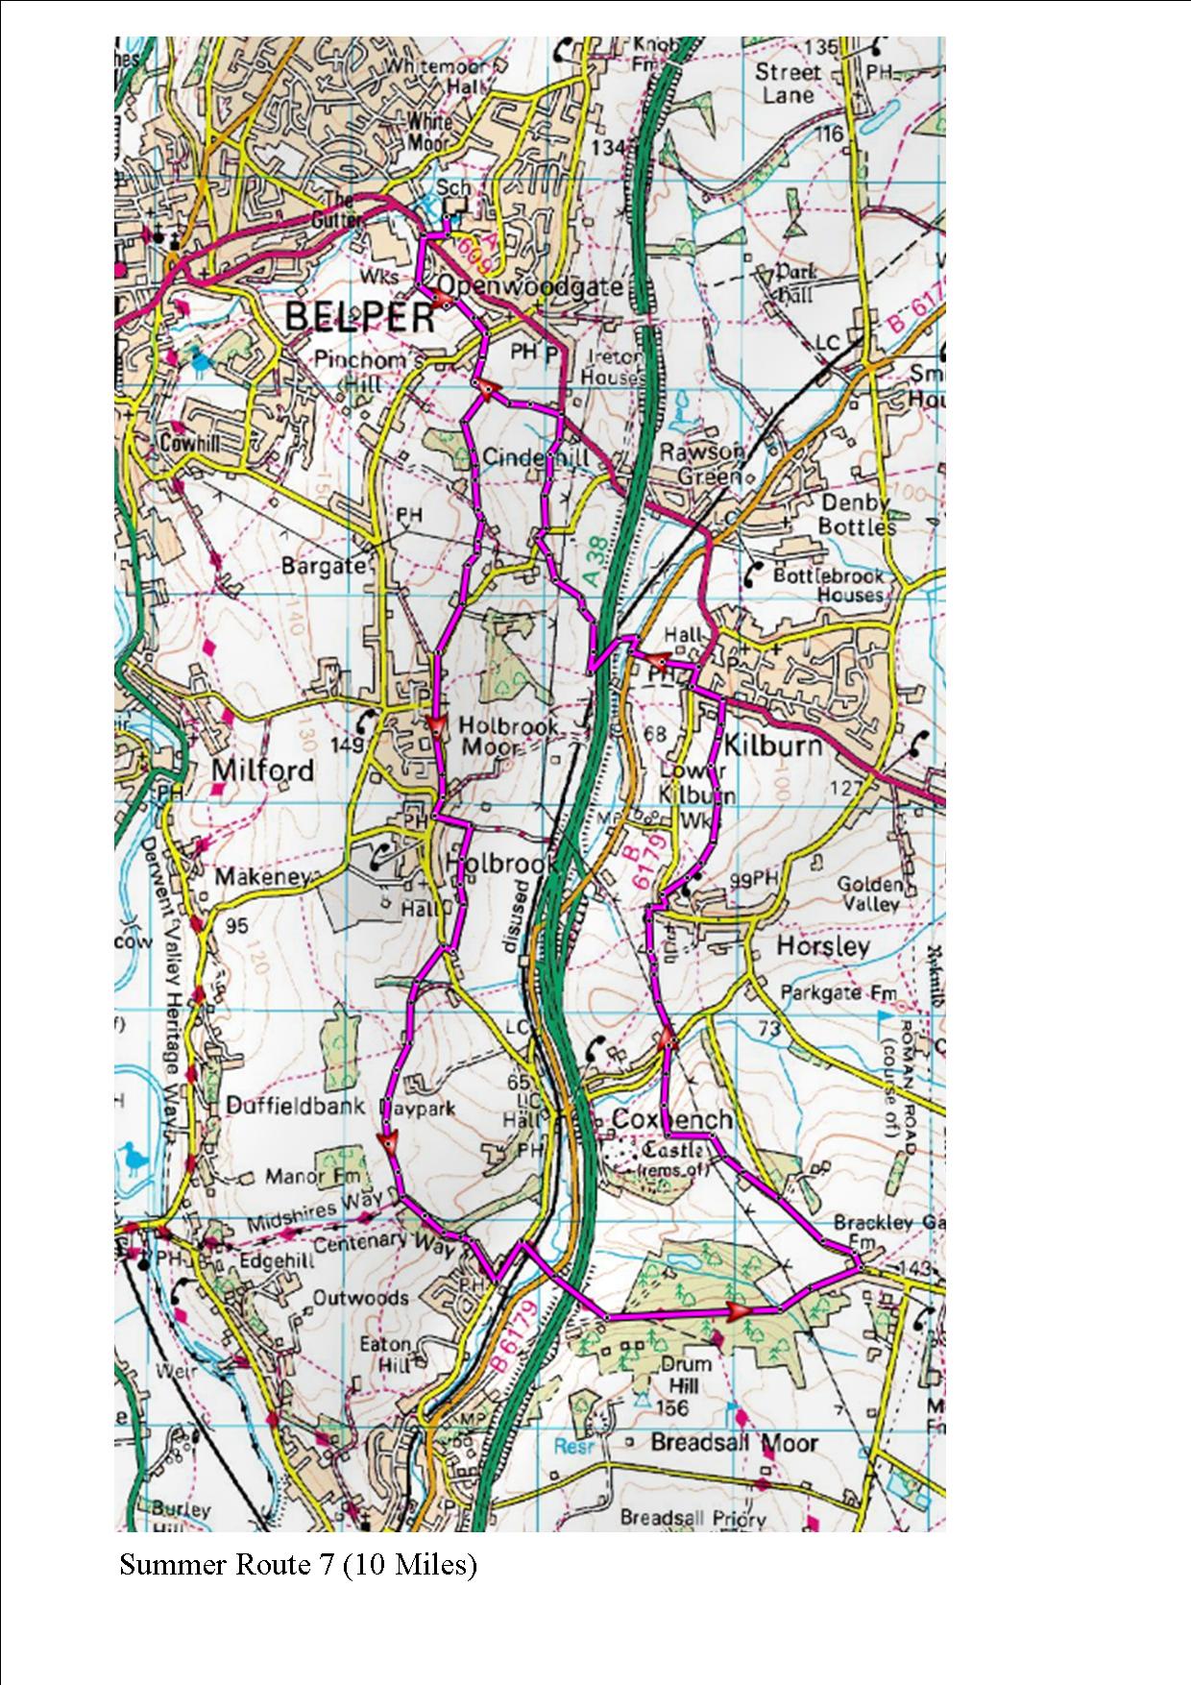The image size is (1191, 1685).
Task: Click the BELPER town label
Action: [359, 319]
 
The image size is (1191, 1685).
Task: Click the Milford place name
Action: [263, 770]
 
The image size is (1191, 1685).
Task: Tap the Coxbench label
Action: [672, 1119]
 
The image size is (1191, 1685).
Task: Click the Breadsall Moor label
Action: [734, 1443]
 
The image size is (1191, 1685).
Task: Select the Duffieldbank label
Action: [296, 1106]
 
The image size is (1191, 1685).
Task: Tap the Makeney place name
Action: [263, 876]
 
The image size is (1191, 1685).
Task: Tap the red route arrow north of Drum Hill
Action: [740, 1310]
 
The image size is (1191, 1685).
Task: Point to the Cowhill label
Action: [191, 444]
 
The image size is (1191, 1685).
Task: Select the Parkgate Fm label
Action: [839, 992]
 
